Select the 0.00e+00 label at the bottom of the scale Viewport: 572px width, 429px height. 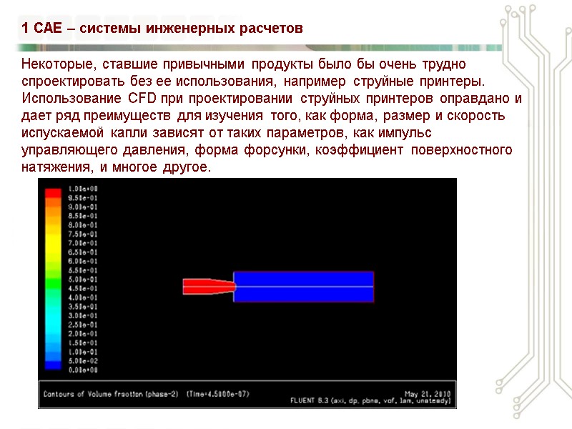click(82, 370)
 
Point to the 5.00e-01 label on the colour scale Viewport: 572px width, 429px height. click(82, 280)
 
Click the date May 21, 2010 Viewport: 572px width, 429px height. click(426, 393)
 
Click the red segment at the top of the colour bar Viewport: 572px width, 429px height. click(52, 193)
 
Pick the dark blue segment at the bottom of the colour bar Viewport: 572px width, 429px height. click(52, 365)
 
